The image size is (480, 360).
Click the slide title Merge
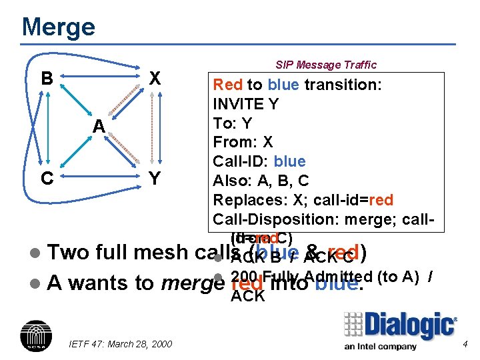point(59,27)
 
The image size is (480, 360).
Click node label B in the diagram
point(46,79)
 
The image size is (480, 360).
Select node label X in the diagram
point(155,79)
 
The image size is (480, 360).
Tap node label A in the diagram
point(99,126)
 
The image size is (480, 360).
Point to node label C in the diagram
point(46,177)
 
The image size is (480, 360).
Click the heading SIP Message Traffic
point(326,65)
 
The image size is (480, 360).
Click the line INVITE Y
point(245,104)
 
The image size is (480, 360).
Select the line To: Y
point(233,123)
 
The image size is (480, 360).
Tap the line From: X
point(243,142)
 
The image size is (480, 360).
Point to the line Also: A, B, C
point(261,181)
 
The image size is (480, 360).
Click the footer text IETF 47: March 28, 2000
point(120,343)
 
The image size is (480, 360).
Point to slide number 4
point(465,344)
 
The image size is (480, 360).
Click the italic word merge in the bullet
point(193,283)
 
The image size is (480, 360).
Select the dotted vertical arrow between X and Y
point(155,128)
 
